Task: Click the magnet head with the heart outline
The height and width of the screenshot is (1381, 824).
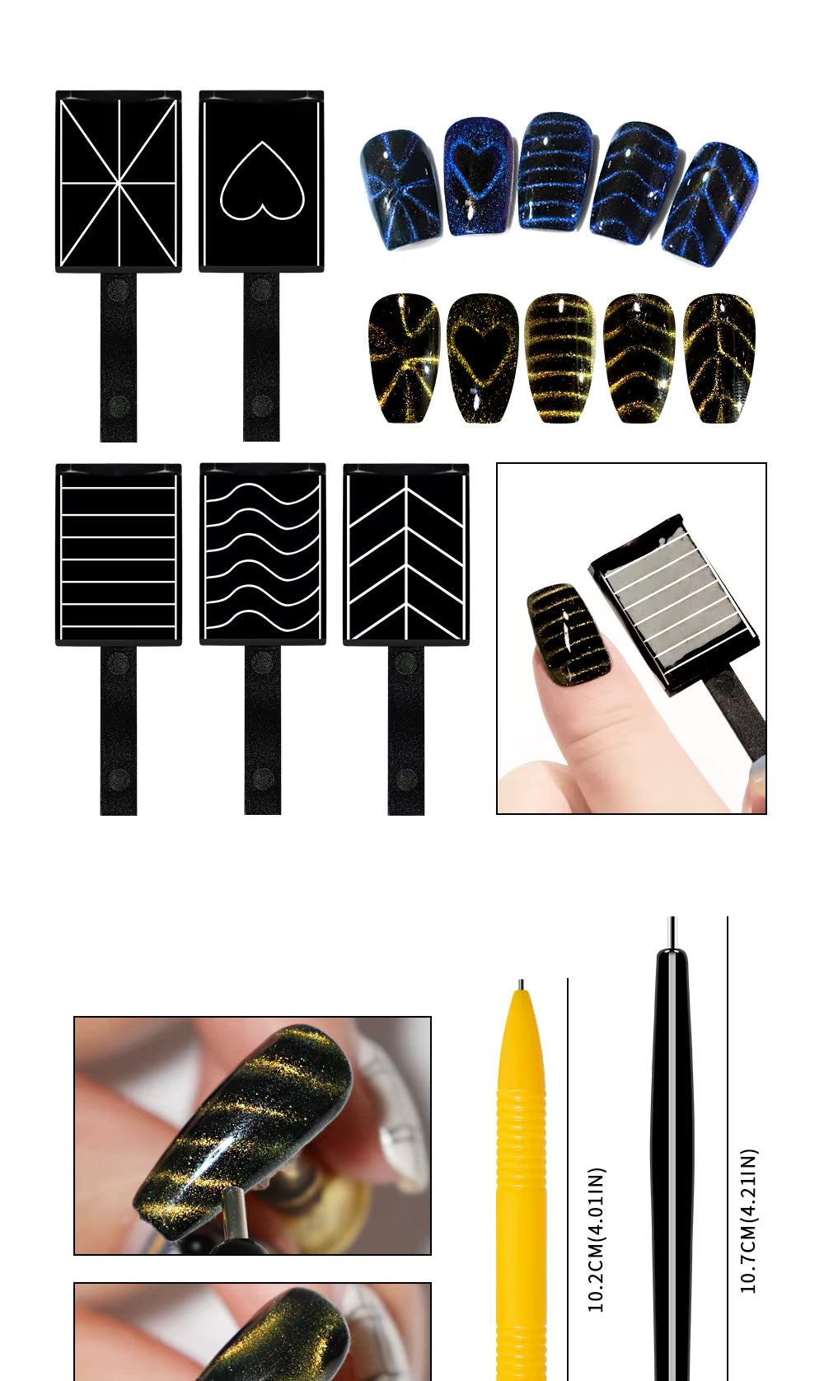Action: pyautogui.click(x=261, y=181)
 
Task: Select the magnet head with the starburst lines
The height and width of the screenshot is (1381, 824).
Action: pyautogui.click(x=119, y=181)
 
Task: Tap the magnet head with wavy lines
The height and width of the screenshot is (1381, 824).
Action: pyautogui.click(x=263, y=555)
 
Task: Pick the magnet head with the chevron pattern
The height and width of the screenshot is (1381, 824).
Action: pyautogui.click(x=406, y=555)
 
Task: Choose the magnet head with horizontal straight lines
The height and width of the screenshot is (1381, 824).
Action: pyautogui.click(x=119, y=555)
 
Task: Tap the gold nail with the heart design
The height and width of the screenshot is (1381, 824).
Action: pyautogui.click(x=482, y=357)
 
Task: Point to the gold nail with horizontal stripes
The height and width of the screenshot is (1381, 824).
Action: pyautogui.click(x=559, y=357)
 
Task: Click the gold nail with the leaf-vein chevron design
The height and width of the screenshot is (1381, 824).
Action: pyautogui.click(x=719, y=357)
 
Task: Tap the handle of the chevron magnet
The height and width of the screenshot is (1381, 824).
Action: pyautogui.click(x=406, y=730)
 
